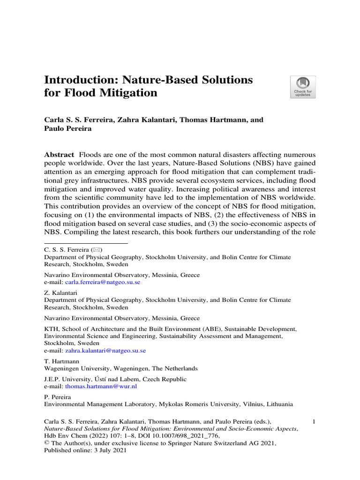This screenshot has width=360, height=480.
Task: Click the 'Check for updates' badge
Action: (303, 87)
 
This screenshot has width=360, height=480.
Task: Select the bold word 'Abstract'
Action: (59, 155)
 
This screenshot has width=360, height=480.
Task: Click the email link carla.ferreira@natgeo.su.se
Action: (103, 283)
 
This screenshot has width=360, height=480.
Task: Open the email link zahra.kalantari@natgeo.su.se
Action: (105, 350)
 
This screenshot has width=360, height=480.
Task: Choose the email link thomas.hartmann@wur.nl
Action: (101, 387)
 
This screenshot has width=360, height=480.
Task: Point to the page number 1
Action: (314, 422)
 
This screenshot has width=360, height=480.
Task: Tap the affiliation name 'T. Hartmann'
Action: (60, 361)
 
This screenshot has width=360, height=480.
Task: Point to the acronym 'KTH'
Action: (51, 330)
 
